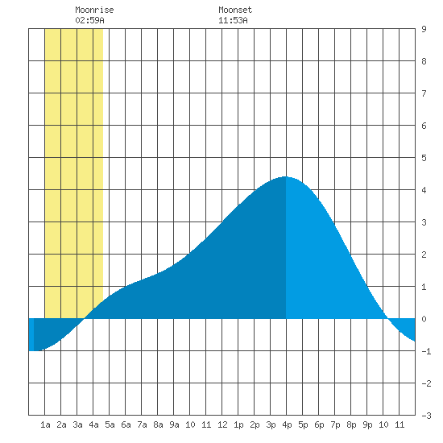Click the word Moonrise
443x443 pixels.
[x=94, y=10]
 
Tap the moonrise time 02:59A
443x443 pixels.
[x=90, y=20]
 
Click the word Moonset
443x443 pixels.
[x=235, y=10]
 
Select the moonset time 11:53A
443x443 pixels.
[x=233, y=20]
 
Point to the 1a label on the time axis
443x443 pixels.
[x=45, y=424]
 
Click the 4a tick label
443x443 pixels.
[x=93, y=424]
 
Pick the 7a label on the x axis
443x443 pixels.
[x=142, y=424]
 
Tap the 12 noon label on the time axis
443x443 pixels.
[x=222, y=424]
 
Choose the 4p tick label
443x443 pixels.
[x=287, y=424]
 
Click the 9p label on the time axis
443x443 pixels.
[x=367, y=424]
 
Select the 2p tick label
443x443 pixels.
[x=255, y=424]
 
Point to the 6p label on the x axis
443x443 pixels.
[x=319, y=424]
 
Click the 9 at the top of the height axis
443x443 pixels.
[x=424, y=29]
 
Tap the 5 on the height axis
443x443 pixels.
[x=424, y=158]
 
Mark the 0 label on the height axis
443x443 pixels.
[x=424, y=319]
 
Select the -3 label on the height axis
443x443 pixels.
[x=426, y=416]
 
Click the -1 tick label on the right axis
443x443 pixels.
[x=426, y=351]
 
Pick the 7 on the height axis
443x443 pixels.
[x=424, y=93]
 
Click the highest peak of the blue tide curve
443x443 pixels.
[x=286, y=177]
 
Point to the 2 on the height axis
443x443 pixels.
[x=424, y=255]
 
